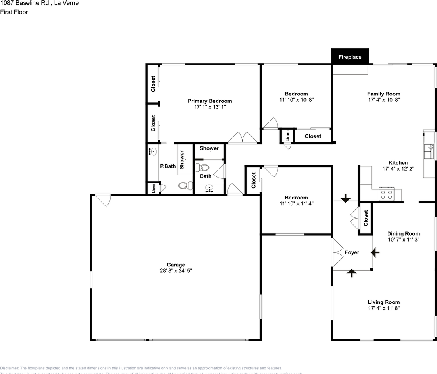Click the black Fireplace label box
pos(350,57)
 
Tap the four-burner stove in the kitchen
pos(387,194)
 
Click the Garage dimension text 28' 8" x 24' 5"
pos(176,270)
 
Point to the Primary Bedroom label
pos(210,101)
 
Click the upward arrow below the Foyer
pos(352,273)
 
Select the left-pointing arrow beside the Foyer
pos(375,253)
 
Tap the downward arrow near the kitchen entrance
pos(345,199)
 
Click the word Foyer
pos(352,252)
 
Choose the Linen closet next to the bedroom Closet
pos(287,136)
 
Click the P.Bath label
pos(168,166)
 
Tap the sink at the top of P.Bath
pos(153,152)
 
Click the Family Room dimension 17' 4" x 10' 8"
pos(384,99)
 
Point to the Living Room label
pos(384,302)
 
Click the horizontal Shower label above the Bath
pos(209,148)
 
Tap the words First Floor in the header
pos(14,12)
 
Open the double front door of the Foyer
pos(337,252)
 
